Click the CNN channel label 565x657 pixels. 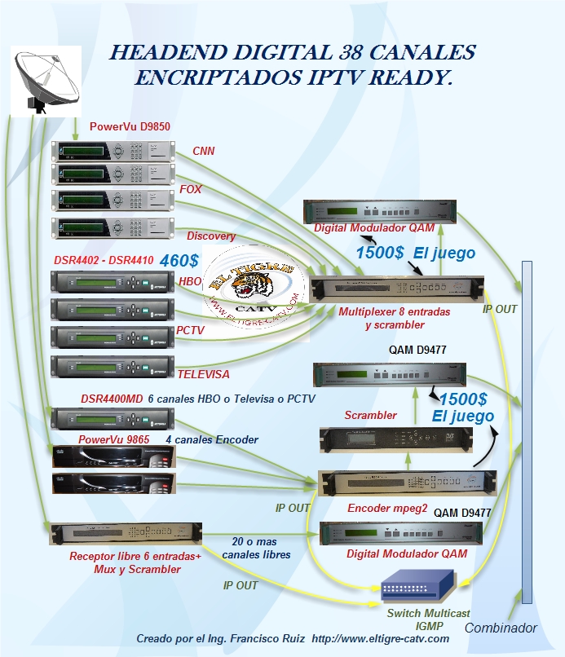203,151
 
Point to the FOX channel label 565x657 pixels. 191,189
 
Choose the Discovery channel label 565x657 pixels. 211,236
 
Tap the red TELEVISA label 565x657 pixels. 203,374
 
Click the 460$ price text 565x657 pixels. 179,261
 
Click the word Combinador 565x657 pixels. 501,628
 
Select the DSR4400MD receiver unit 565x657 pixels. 113,419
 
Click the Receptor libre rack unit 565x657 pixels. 125,535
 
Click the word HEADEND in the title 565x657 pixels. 169,54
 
